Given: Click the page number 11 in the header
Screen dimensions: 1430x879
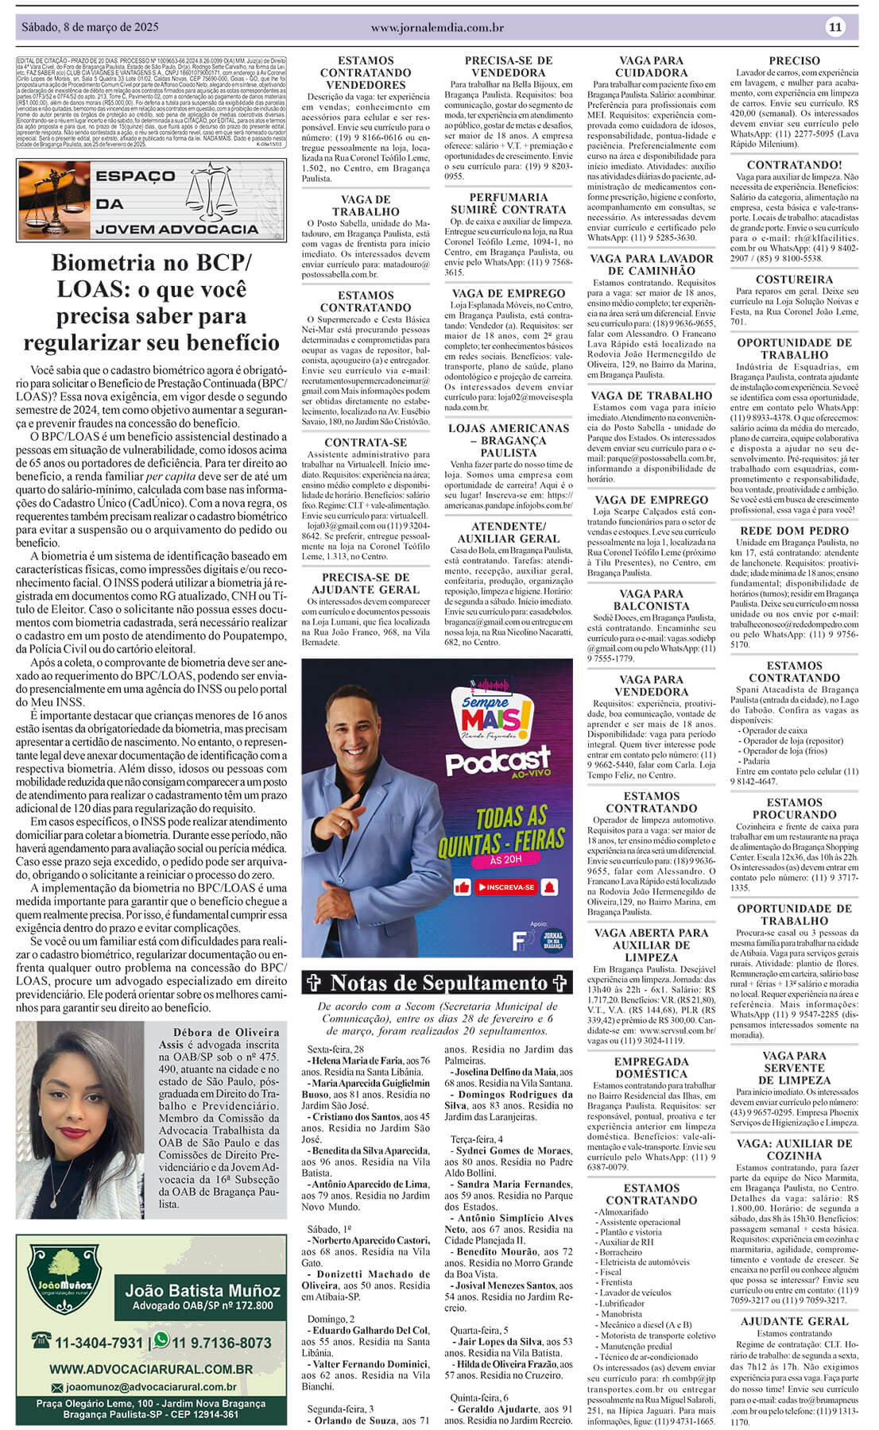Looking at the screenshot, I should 835,27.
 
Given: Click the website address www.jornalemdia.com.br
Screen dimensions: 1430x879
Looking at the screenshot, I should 437,28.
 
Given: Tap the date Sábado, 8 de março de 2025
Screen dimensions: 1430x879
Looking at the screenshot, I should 90,27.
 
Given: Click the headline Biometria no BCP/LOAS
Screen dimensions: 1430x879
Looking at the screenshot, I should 152,302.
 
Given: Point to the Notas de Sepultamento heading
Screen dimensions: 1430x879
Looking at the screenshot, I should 438,983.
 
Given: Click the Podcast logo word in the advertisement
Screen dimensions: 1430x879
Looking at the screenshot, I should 498,760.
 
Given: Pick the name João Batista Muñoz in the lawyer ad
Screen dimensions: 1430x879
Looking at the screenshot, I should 203,1290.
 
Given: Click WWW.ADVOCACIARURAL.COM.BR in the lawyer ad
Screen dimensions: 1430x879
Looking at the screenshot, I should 151,1370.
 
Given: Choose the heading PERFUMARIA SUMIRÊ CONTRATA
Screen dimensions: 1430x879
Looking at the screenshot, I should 509,203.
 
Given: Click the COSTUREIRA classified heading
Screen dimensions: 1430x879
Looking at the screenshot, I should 794,280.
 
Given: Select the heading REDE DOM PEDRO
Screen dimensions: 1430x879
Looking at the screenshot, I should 794,531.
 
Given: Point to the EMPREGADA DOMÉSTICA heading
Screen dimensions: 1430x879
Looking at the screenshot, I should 651,1068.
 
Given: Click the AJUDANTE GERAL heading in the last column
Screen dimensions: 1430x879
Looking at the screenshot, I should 794,1321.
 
